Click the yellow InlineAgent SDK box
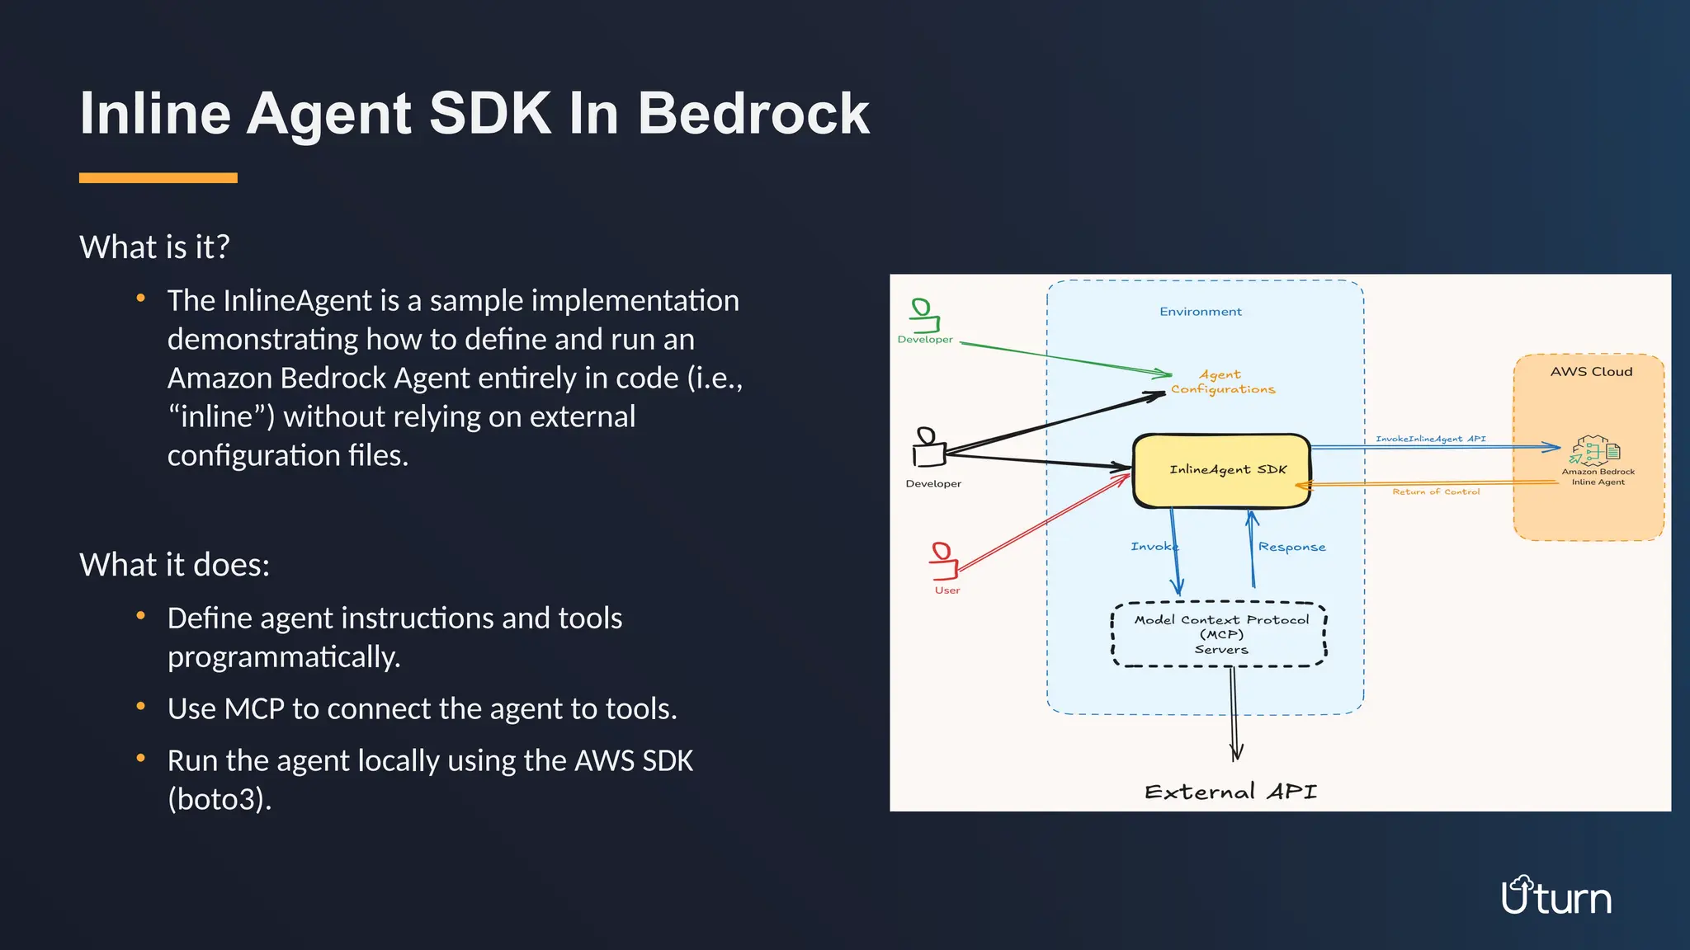coord(1222,470)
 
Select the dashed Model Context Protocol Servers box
coord(1220,634)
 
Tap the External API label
coord(1230,792)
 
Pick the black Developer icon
coord(928,448)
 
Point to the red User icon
coord(943,561)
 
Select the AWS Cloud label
coord(1590,372)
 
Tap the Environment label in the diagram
coord(1200,312)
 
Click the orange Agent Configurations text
coord(1222,382)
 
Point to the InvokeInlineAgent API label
coord(1430,439)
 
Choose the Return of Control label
coord(1436,491)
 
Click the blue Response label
coord(1291,547)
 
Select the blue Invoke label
coord(1154,546)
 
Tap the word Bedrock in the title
coord(753,113)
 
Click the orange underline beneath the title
coord(158,178)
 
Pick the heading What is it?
coord(154,247)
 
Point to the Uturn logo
coord(1555,896)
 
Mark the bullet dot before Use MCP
coord(141,706)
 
